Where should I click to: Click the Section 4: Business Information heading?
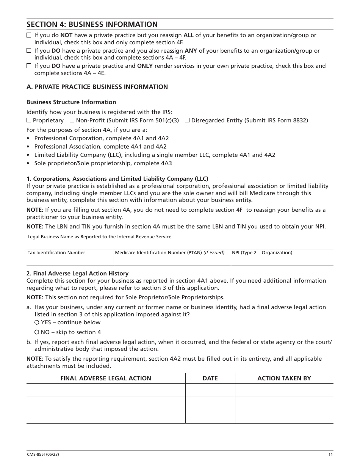point(92,25)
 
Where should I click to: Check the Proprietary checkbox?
point(29,120)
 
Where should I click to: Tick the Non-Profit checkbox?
point(72,120)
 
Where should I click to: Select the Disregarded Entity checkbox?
point(187,120)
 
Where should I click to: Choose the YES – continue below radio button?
point(37,322)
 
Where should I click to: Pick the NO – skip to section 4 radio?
point(37,332)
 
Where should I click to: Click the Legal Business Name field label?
point(99,237)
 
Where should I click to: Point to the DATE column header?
point(210,378)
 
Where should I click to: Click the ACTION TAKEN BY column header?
point(284,378)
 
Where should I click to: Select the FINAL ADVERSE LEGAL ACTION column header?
point(106,378)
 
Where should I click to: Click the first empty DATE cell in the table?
point(210,390)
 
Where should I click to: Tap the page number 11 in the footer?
point(331,455)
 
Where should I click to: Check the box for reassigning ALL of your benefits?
point(29,35)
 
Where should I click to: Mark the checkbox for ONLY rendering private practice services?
point(29,66)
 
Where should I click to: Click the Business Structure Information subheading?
point(71,102)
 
